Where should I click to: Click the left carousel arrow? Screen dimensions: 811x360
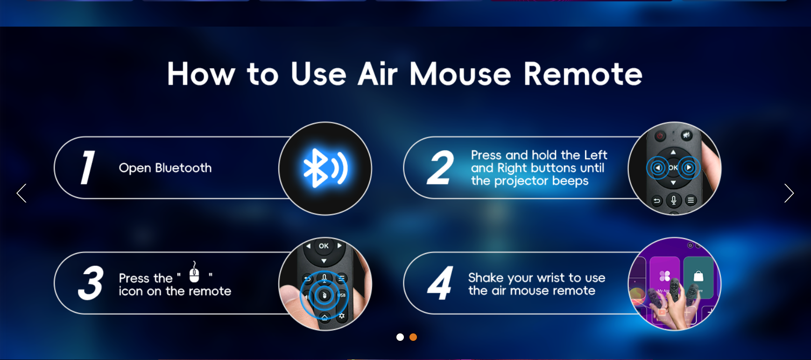(21, 193)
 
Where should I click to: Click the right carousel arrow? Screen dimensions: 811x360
(789, 193)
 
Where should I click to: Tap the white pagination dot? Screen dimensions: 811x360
(400, 337)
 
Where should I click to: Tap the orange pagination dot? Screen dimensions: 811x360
(413, 337)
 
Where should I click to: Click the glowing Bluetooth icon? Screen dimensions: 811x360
(325, 168)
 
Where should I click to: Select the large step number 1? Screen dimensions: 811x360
(87, 167)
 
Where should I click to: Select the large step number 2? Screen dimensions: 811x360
(440, 168)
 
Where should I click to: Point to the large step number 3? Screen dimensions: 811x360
(91, 283)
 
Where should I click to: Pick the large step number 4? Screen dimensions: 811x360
(440, 283)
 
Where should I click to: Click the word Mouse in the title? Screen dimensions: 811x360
(460, 74)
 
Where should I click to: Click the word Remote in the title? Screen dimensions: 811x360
(583, 74)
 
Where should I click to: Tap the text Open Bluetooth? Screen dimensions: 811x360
(165, 168)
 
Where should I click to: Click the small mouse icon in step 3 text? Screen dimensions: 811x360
(194, 272)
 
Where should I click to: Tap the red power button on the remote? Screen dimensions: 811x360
(660, 136)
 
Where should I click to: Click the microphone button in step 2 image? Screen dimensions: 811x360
(673, 201)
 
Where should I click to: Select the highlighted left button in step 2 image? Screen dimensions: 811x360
(658, 168)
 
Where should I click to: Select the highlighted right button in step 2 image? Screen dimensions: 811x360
(689, 168)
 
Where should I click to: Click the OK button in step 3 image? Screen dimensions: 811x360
(324, 246)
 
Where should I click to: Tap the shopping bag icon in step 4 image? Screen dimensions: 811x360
(698, 276)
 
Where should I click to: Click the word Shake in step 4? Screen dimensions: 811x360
(486, 278)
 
